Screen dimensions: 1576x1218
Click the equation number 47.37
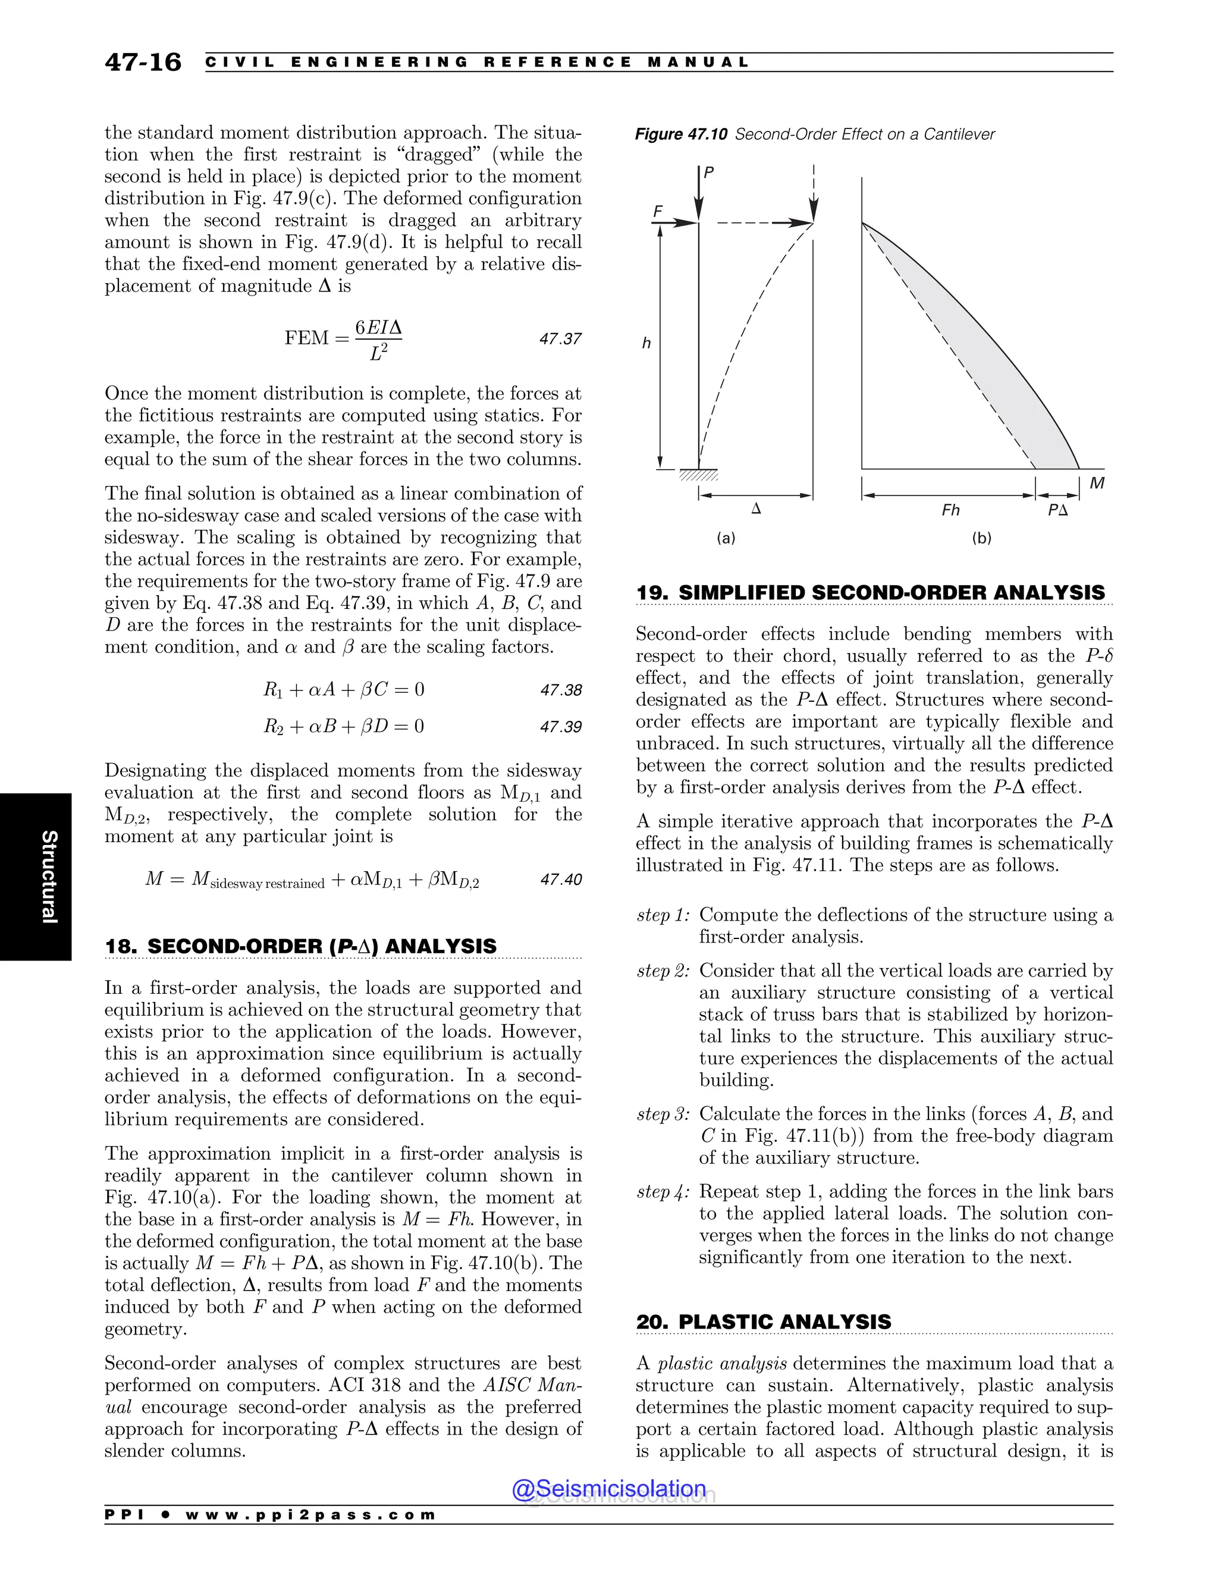(560, 338)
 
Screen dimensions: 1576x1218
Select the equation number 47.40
(561, 879)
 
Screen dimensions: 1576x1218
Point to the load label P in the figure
(708, 172)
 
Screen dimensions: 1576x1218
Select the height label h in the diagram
(646, 344)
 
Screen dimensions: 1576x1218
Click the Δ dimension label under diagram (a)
(756, 508)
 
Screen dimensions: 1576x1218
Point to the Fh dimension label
(950, 510)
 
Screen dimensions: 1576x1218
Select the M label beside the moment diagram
(1097, 484)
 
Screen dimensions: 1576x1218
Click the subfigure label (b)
(981, 538)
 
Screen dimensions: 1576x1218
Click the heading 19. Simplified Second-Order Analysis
(869, 592)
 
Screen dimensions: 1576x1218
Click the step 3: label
(663, 1114)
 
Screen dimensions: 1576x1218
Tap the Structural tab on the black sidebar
(48, 876)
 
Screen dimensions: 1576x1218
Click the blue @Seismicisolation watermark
(608, 1489)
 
